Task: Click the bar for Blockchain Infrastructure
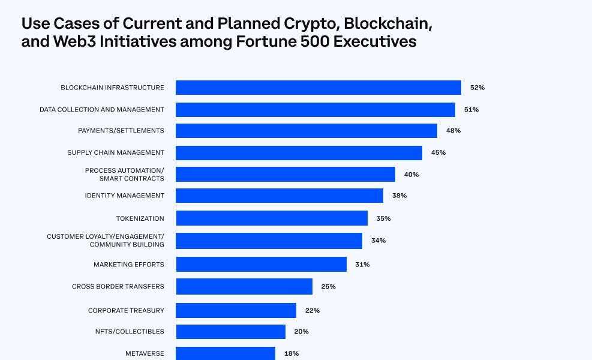[x=318, y=88]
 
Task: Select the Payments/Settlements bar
[x=306, y=131]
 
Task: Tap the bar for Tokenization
[x=271, y=218]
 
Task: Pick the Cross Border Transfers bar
[x=244, y=287]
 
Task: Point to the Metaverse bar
[x=225, y=353]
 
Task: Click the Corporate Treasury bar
[x=236, y=311]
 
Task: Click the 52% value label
[x=477, y=88]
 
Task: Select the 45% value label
[x=438, y=153]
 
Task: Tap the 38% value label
[x=399, y=196]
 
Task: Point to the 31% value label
[x=362, y=265]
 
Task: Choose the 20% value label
[x=301, y=332]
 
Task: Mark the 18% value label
[x=291, y=354]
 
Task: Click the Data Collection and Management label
[x=101, y=110]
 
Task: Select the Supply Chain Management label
[x=115, y=153]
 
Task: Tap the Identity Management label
[x=124, y=196]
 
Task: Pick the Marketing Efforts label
[x=128, y=265]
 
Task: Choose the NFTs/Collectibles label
[x=129, y=332]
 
